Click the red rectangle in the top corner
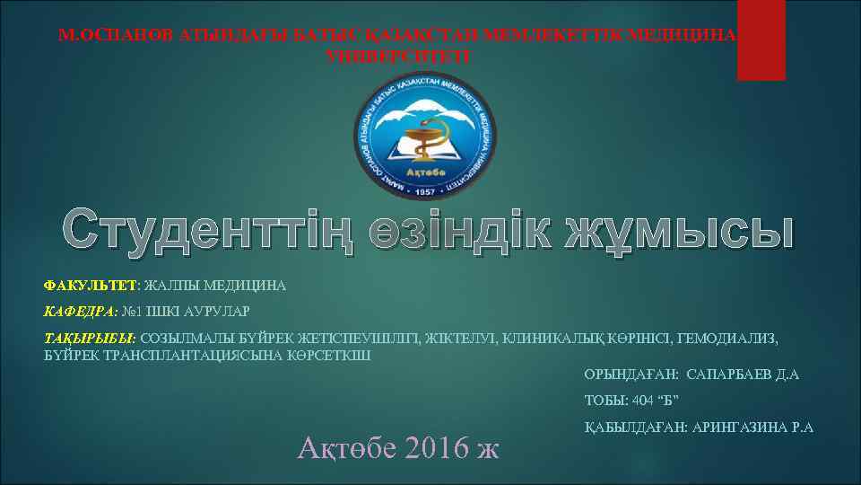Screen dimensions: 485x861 pos(761,40)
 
